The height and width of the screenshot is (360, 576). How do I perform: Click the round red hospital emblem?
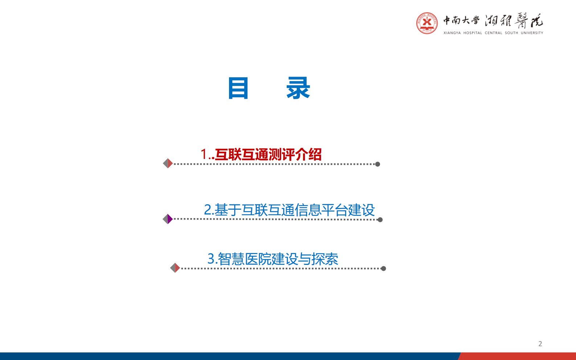click(427, 23)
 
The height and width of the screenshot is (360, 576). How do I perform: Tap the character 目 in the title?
click(238, 88)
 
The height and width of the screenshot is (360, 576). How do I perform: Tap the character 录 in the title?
click(298, 88)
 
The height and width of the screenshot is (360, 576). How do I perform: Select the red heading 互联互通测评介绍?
click(268, 155)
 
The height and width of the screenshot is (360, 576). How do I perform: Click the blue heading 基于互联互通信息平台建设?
click(294, 210)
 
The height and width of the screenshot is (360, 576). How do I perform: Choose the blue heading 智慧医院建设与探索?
click(278, 259)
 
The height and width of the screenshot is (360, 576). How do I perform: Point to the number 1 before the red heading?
click(204, 155)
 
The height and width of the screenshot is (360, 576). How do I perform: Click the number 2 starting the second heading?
click(208, 210)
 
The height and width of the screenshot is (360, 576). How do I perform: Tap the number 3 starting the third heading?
click(211, 259)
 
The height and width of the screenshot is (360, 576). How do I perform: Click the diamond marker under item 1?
click(168, 164)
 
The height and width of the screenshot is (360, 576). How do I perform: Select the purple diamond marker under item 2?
click(168, 219)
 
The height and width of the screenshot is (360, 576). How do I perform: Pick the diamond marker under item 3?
click(175, 268)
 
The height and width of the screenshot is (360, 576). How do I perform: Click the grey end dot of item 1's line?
click(377, 164)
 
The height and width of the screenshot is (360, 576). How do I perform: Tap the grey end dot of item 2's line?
click(380, 220)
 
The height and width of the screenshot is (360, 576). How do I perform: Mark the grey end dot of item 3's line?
click(383, 269)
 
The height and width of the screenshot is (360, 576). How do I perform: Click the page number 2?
click(540, 344)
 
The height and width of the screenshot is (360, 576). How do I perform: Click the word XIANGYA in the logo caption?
click(452, 33)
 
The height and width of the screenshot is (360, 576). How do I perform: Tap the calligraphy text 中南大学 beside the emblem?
click(461, 20)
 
